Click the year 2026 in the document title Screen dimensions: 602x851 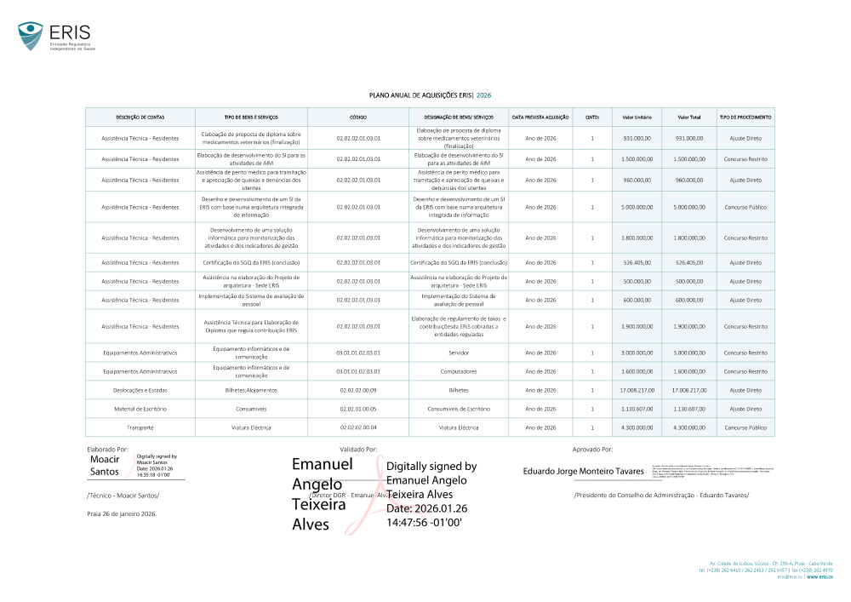click(483, 96)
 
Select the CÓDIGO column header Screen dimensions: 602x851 click(358, 117)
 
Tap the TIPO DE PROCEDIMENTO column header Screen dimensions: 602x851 click(745, 117)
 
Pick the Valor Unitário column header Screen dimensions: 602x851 click(637, 117)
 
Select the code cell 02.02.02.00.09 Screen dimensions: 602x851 click(358, 390)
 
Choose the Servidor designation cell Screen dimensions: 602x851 click(460, 353)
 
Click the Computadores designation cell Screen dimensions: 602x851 click(460, 371)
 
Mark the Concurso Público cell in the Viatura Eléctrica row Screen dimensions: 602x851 click(745, 427)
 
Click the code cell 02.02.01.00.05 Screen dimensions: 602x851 click(358, 409)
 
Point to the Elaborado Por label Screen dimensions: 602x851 click(107, 448)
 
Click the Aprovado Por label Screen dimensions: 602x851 click(592, 448)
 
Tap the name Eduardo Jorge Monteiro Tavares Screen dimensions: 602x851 click(583, 471)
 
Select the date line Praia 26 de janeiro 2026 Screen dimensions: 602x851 click(122, 513)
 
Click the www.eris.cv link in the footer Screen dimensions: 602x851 click(820, 576)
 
